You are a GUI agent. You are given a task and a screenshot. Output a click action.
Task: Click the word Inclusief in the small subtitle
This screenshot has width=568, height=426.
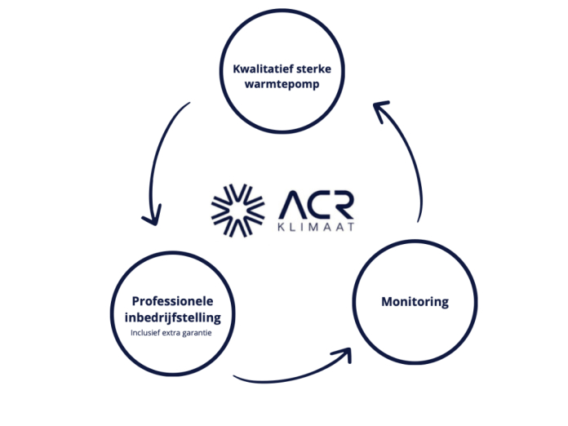tap(148, 332)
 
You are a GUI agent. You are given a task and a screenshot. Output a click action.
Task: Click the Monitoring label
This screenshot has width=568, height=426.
tap(415, 302)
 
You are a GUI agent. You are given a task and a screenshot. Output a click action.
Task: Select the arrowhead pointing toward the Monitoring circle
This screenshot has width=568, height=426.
tap(343, 356)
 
